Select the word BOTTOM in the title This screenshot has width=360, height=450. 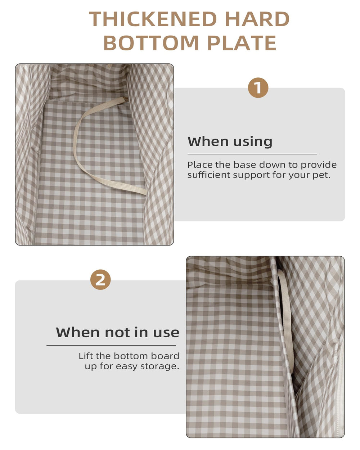(x=151, y=43)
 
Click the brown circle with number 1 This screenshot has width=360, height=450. (x=258, y=87)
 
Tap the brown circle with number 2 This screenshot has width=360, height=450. (x=100, y=280)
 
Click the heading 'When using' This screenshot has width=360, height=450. (x=230, y=142)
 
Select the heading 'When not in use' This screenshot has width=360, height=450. (x=118, y=332)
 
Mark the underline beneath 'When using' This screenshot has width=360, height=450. (x=252, y=154)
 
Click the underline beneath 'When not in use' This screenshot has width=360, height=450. (x=111, y=345)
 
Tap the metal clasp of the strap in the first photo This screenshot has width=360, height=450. (x=126, y=99)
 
